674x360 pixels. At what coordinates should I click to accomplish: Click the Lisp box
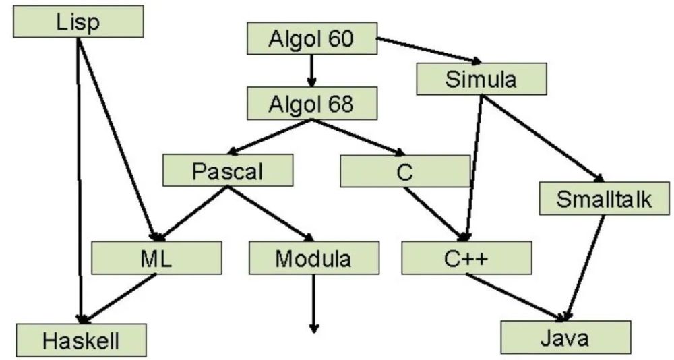(78, 22)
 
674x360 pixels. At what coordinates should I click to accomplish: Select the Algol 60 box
(311, 38)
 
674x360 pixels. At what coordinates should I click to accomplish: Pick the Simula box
(481, 79)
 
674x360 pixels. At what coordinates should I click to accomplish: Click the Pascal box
(228, 170)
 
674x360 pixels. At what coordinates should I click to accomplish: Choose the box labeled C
(404, 171)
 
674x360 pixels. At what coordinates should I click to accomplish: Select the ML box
(156, 258)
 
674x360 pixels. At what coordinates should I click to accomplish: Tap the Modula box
(313, 258)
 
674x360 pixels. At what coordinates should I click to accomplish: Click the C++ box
(466, 258)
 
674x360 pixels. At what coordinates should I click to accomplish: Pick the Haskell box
(81, 340)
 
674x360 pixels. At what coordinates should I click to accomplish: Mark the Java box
(565, 337)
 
